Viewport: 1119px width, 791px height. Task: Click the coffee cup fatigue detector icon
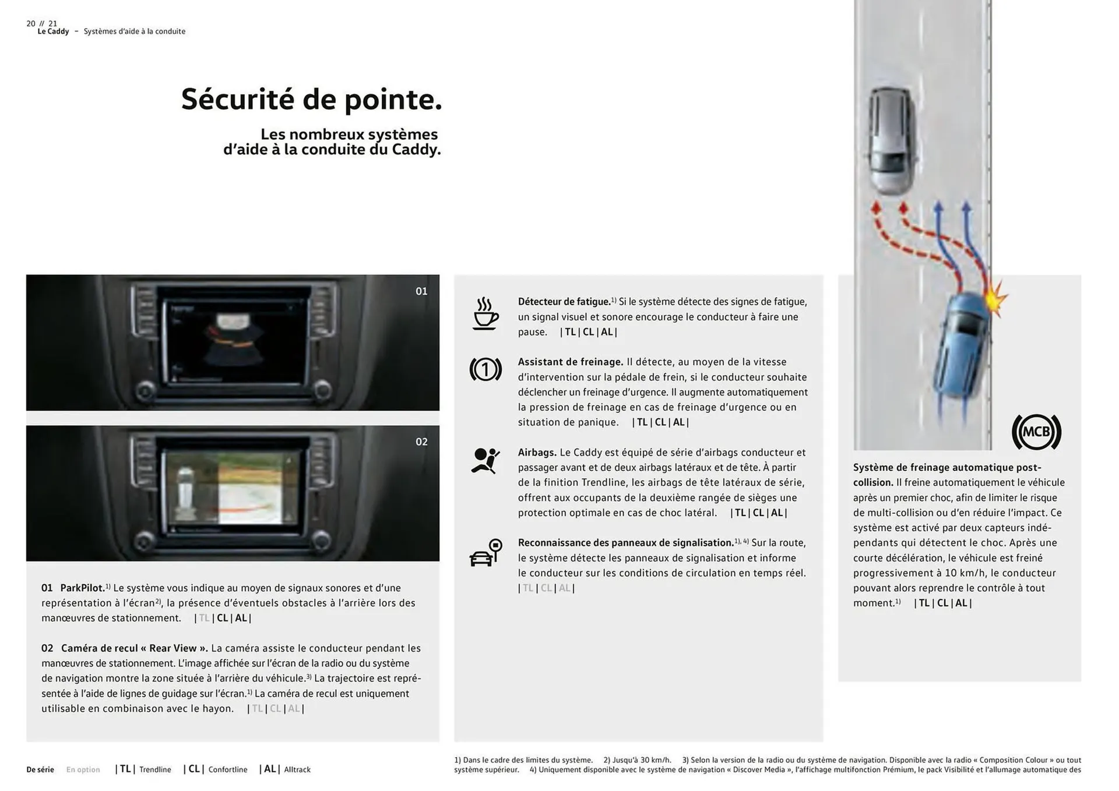click(x=485, y=315)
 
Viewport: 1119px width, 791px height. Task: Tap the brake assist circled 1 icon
click(x=485, y=369)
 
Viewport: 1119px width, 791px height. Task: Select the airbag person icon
click(x=485, y=461)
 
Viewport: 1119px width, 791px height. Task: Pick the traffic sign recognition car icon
click(x=485, y=553)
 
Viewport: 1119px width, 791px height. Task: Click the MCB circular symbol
click(x=1036, y=432)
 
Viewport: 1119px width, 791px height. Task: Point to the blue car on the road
click(x=961, y=347)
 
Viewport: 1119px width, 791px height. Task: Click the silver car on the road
click(x=891, y=140)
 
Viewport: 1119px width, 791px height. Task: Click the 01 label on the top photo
click(x=421, y=291)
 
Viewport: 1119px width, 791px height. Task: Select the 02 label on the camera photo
click(x=421, y=442)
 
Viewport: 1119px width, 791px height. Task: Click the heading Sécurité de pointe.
click(x=312, y=99)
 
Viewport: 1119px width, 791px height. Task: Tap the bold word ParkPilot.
click(x=82, y=588)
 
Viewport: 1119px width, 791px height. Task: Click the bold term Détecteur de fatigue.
click(x=564, y=302)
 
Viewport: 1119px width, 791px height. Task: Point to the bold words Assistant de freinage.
click(x=570, y=362)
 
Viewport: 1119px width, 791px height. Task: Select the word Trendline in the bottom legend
click(x=155, y=769)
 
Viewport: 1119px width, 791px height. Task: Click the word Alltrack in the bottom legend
click(x=297, y=769)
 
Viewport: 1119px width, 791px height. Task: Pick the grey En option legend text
click(x=83, y=769)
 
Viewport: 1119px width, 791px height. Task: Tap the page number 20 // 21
click(x=42, y=23)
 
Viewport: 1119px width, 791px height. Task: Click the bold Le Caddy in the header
click(x=53, y=31)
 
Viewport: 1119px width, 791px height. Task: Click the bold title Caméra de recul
click(x=133, y=648)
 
